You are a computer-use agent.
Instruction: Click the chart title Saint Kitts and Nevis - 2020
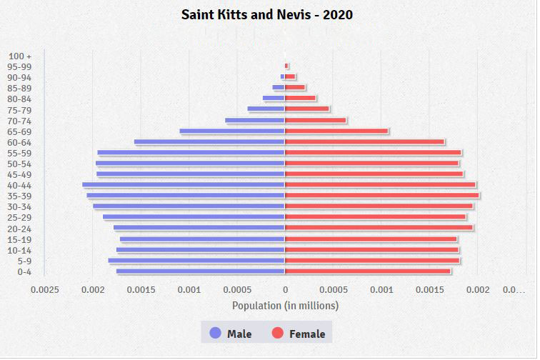pyautogui.click(x=266, y=14)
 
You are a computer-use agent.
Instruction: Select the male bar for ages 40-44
pyautogui.click(x=184, y=185)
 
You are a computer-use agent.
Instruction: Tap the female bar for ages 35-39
pyautogui.click(x=382, y=195)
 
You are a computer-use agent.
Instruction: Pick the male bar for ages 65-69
pyautogui.click(x=232, y=131)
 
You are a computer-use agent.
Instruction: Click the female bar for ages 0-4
pyautogui.click(x=368, y=271)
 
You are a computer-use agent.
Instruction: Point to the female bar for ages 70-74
pyautogui.click(x=316, y=121)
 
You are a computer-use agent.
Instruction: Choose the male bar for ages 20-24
pyautogui.click(x=199, y=228)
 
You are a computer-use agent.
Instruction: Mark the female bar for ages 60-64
pyautogui.click(x=365, y=142)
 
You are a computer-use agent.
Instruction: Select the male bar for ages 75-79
pyautogui.click(x=266, y=109)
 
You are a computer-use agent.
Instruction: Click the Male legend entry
pyautogui.click(x=230, y=334)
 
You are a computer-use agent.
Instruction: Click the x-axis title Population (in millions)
pyautogui.click(x=285, y=306)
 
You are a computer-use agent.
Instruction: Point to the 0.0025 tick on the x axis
pyautogui.click(x=45, y=290)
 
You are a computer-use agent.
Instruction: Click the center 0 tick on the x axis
pyautogui.click(x=285, y=290)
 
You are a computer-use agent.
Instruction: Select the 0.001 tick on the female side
pyautogui.click(x=381, y=290)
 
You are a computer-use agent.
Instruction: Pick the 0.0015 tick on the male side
pyautogui.click(x=141, y=290)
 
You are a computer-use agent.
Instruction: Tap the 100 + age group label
pyautogui.click(x=20, y=56)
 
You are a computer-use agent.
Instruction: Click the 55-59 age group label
pyautogui.click(x=19, y=153)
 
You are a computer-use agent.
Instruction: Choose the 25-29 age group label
pyautogui.click(x=19, y=217)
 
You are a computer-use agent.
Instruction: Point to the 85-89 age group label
pyautogui.click(x=19, y=88)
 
